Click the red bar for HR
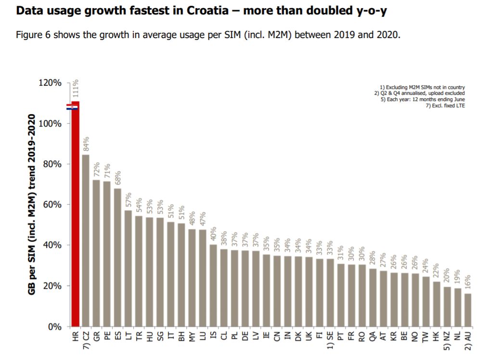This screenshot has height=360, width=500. point(75,217)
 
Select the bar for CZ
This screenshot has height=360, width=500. point(86,241)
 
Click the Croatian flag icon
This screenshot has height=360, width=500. point(72,106)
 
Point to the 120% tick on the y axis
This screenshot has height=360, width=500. point(50,83)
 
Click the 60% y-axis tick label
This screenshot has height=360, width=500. point(51,205)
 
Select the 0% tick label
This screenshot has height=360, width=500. point(54,327)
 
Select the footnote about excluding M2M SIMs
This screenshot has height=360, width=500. point(422,87)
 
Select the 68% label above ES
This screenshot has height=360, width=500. point(117,179)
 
